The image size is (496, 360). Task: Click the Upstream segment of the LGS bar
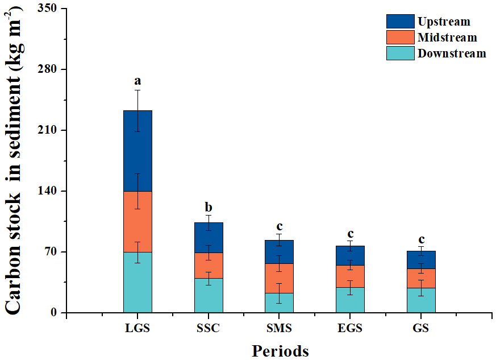click(x=137, y=151)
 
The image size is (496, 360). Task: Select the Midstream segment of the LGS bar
click(x=137, y=221)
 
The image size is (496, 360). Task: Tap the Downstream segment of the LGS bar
click(x=137, y=282)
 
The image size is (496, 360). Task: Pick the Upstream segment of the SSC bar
click(x=209, y=237)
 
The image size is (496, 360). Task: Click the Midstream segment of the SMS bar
click(x=279, y=278)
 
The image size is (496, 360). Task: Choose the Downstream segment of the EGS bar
click(x=350, y=300)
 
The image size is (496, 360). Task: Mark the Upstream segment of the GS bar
click(x=421, y=259)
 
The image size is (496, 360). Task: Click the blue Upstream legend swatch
click(x=400, y=22)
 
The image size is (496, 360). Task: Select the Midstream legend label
click(x=447, y=38)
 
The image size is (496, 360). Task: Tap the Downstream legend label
click(x=452, y=53)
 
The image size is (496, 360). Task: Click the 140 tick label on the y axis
click(x=48, y=191)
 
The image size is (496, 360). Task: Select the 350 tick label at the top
click(x=48, y=9)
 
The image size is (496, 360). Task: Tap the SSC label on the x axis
click(x=209, y=328)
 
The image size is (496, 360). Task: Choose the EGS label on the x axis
click(x=350, y=328)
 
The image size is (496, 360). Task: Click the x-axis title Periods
click(x=280, y=350)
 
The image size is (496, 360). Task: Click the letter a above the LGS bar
click(x=137, y=81)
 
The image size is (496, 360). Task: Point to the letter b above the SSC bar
click(x=209, y=207)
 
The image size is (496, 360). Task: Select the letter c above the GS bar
click(x=421, y=239)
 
